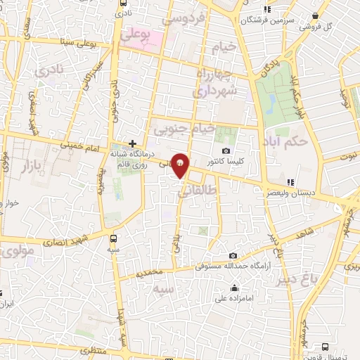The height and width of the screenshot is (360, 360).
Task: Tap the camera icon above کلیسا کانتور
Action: tap(226, 150)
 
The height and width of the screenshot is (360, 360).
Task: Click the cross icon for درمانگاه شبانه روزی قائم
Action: tap(132, 143)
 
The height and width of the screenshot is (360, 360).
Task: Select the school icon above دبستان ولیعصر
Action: tap(290, 182)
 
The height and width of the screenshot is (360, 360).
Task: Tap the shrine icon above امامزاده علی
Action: tap(233, 288)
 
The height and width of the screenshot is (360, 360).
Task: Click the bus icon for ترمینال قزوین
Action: tap(325, 347)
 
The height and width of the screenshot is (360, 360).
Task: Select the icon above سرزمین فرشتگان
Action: tap(266, 9)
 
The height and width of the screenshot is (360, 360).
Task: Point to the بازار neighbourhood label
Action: tap(27, 167)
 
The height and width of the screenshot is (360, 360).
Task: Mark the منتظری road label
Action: tap(95, 349)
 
